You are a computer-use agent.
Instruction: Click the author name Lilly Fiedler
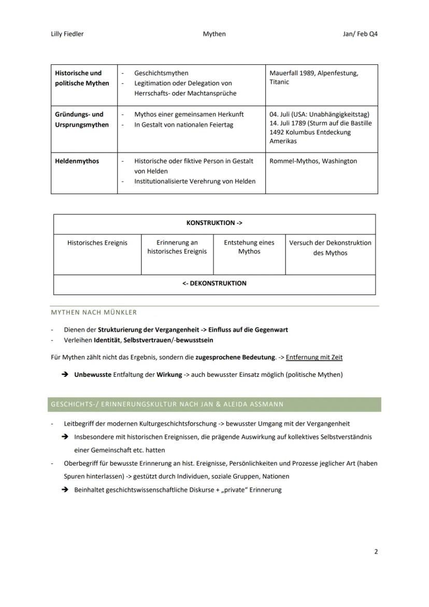point(64,34)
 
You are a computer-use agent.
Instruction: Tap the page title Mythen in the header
point(214,34)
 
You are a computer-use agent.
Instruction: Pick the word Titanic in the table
point(279,82)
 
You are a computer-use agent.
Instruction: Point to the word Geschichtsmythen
point(161,73)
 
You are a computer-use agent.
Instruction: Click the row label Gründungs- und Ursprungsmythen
point(82,119)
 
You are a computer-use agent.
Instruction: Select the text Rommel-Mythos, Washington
point(313,161)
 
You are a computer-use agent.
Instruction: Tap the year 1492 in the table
point(277,132)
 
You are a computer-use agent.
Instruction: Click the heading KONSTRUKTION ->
point(214,223)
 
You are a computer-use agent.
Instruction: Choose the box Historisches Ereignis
point(97,243)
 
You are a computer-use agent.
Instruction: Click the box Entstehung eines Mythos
point(249,247)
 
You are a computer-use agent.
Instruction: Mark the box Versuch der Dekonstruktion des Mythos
point(330,247)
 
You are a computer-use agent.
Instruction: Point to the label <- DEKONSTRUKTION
point(214,284)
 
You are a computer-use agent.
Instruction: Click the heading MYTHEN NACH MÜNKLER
point(94,312)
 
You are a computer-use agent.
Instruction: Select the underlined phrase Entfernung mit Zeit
point(314,357)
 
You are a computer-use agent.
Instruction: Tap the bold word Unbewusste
point(93,374)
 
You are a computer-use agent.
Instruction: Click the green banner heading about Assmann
point(167,404)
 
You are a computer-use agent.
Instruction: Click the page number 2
point(376,552)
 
